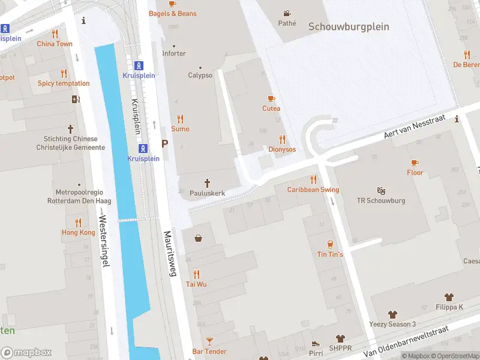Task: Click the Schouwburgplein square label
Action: coord(349,27)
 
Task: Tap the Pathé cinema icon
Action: coord(287,13)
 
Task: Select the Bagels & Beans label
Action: coord(172,13)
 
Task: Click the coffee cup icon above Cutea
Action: coord(271,98)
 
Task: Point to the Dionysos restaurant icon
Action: coord(282,139)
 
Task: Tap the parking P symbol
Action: coord(164,144)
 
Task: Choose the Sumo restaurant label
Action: coord(180,129)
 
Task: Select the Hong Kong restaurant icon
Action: coord(79,222)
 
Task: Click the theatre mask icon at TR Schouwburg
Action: coord(381,191)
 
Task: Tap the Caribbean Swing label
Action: coord(313,190)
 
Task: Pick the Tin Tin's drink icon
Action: coord(330,244)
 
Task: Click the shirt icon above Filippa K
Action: coord(449,297)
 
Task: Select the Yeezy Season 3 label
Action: coord(392,325)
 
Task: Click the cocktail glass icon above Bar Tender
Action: coord(209,341)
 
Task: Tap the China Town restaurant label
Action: coord(55,44)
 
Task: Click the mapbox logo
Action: coord(26,353)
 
